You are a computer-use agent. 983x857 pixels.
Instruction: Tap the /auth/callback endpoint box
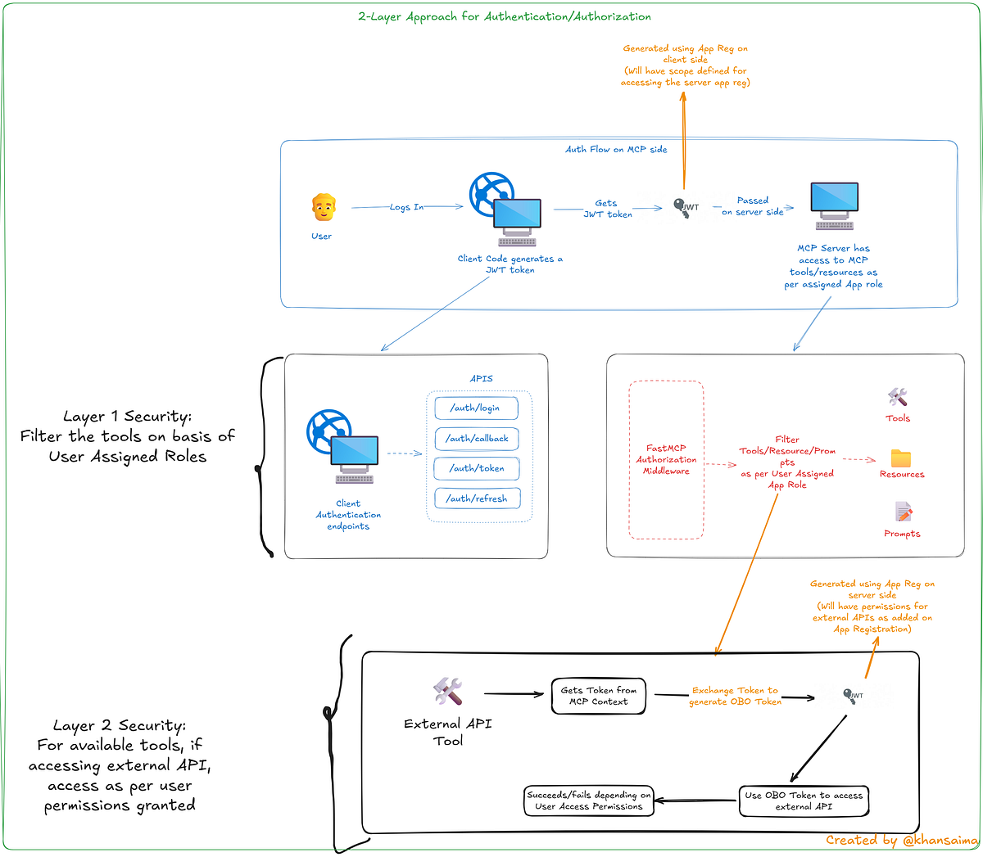coord(477,438)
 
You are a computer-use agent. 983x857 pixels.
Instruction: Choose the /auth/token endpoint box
coord(477,468)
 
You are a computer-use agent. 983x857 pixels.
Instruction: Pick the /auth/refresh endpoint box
coord(477,498)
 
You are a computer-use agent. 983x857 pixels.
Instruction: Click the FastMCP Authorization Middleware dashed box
coord(666,459)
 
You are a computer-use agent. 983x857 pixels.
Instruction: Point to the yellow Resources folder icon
coord(901,458)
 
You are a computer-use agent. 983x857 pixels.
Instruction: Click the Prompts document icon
coord(904,512)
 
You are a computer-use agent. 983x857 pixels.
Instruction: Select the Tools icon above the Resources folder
coord(898,398)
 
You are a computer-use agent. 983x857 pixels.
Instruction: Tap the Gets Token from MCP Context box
coord(598,696)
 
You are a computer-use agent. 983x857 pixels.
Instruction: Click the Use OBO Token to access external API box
coord(804,801)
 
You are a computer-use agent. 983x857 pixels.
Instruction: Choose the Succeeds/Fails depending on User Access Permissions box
coord(589,801)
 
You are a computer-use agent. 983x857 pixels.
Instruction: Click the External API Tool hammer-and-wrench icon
coord(448,692)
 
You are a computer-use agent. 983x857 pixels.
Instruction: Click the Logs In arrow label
coord(407,207)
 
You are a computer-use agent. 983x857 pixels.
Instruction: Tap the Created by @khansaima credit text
coord(901,840)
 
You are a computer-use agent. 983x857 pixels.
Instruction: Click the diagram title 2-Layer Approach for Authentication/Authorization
coord(505,16)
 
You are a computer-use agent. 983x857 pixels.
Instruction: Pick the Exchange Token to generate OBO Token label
coord(734,696)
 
